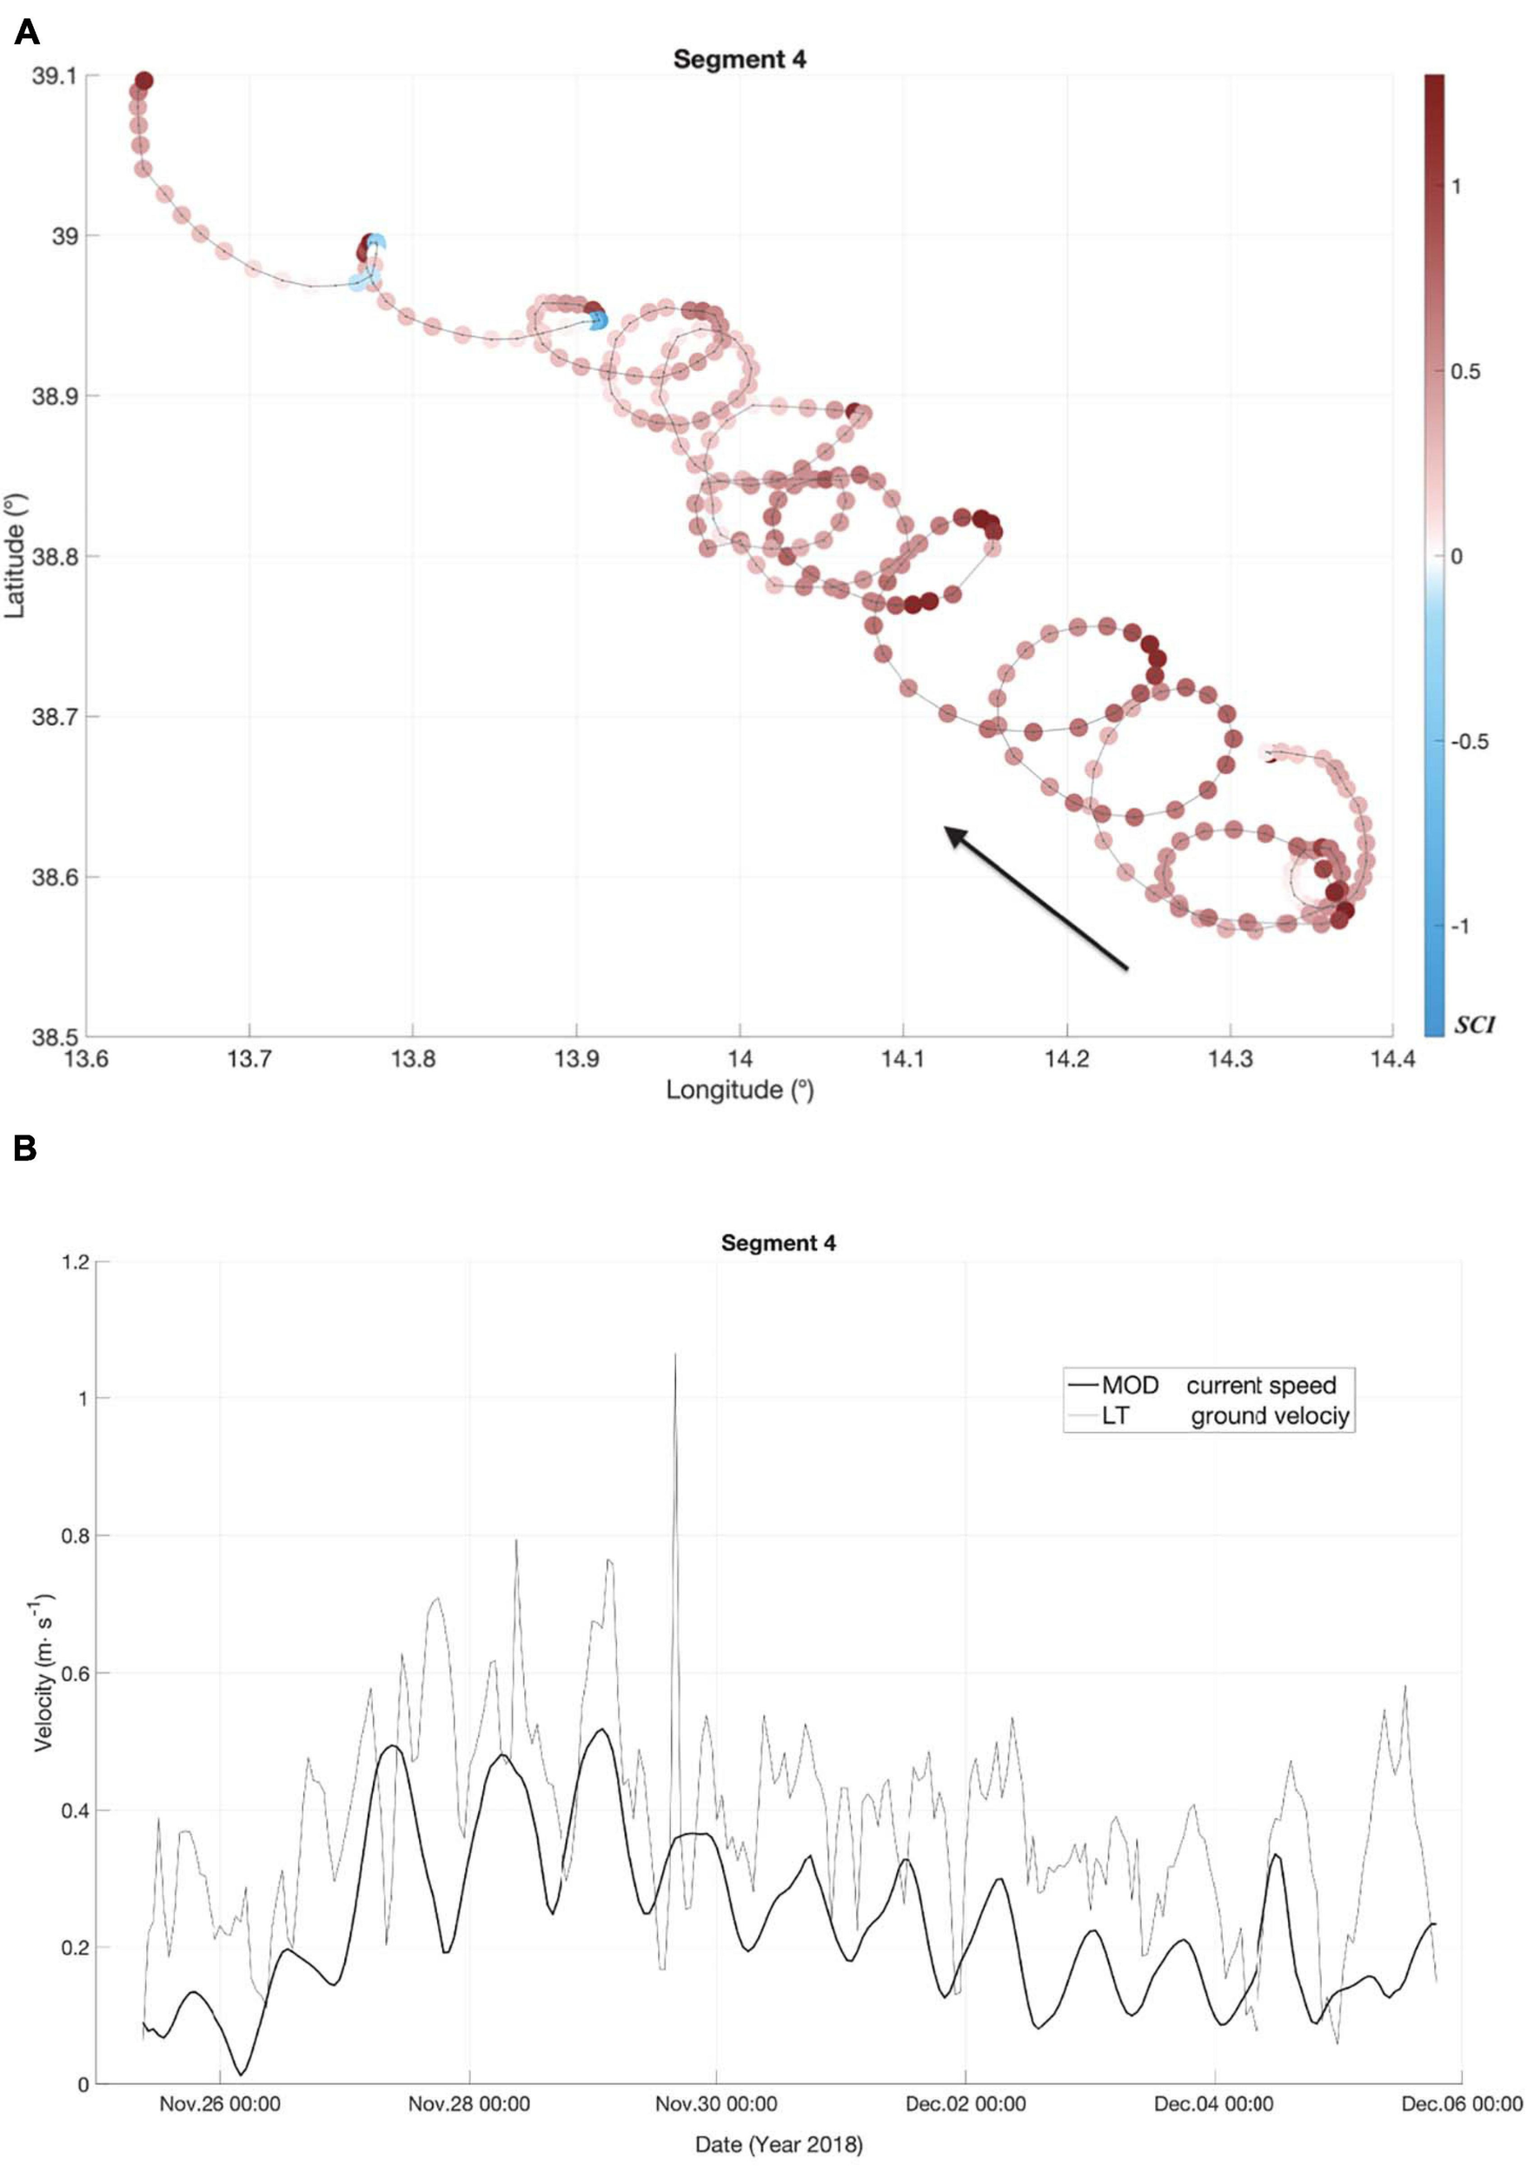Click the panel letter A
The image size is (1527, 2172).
26,32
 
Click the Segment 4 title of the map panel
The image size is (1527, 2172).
739,59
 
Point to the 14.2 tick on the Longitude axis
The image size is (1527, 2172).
1066,1058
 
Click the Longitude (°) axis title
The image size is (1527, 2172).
739,1089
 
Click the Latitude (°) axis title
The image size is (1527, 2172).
15,555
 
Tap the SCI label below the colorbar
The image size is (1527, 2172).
1473,1025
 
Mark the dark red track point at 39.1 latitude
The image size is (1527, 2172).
143,81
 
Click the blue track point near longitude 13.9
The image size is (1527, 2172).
597,320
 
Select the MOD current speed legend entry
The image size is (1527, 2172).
1218,1385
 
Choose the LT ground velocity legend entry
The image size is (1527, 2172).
1218,1416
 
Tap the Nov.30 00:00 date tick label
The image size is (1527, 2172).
716,2104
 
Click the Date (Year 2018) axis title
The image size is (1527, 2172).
778,2143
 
